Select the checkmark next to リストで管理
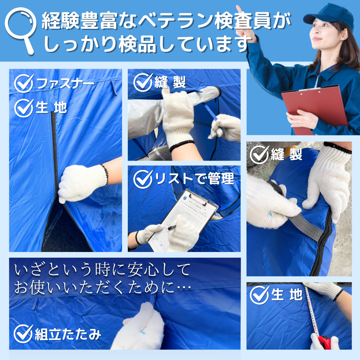point(143,179)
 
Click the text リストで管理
point(194,179)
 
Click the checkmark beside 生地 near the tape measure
point(259,295)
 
